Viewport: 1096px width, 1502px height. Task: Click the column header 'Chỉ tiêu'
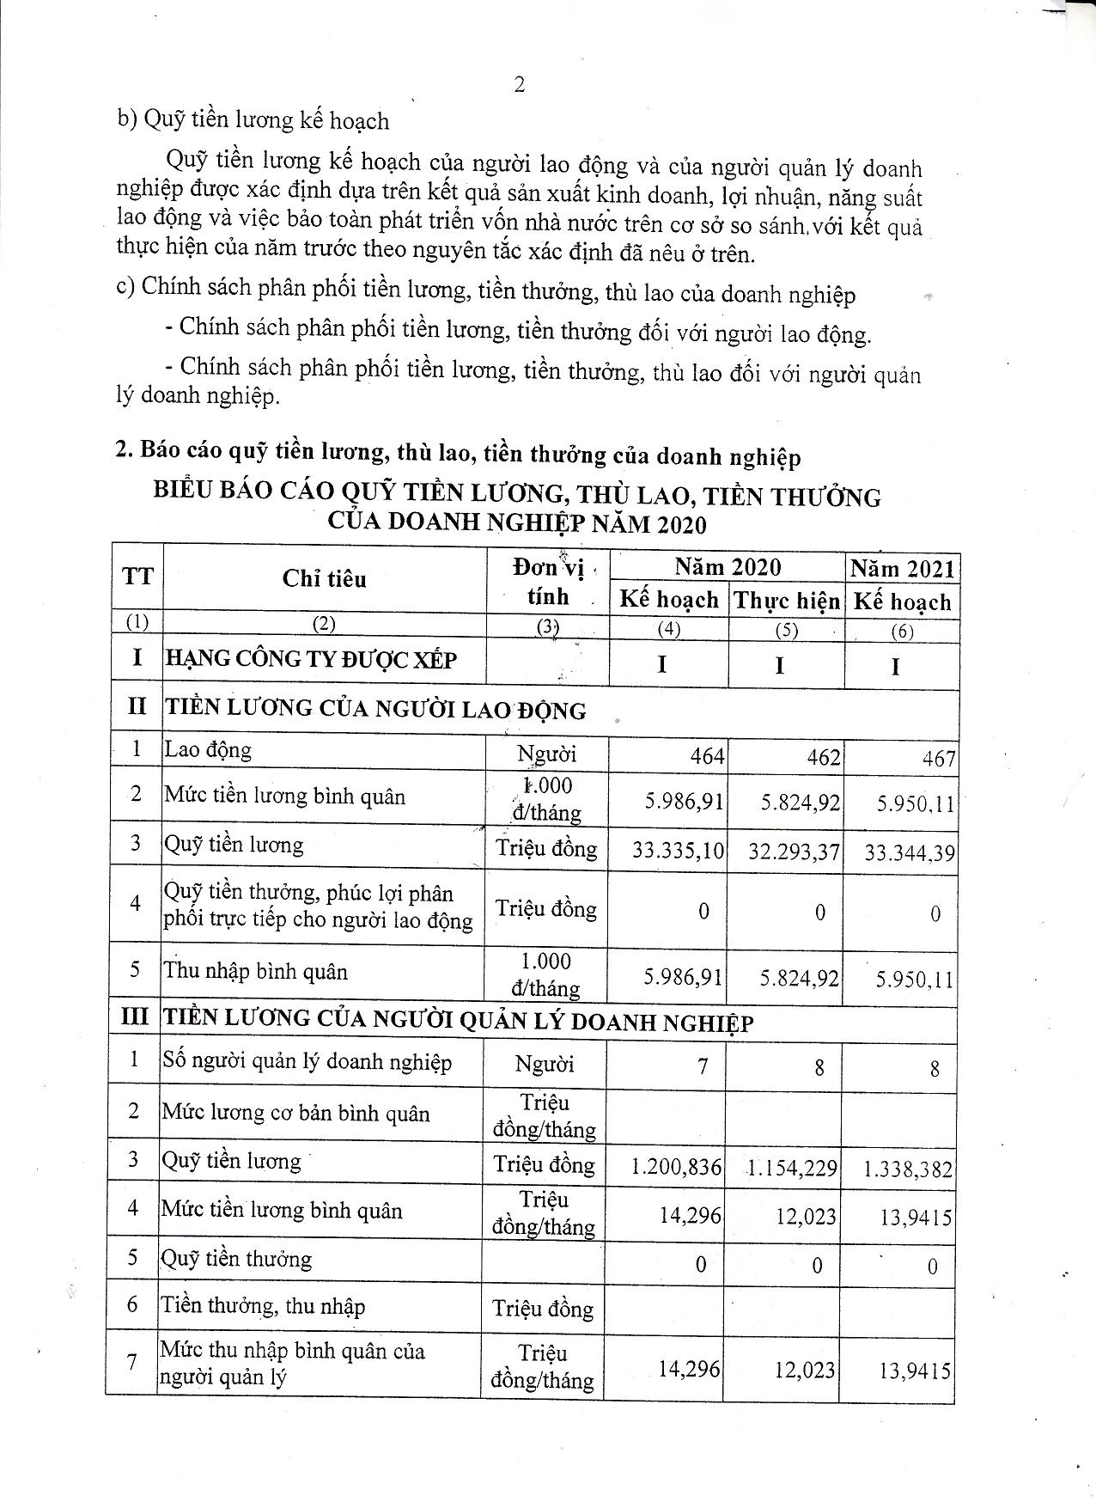[324, 578]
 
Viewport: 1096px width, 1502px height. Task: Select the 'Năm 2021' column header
[902, 569]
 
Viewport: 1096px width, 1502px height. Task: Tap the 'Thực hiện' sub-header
[786, 601]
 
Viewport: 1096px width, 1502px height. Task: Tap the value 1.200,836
[676, 1166]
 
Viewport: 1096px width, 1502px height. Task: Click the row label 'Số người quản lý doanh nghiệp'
[307, 1062]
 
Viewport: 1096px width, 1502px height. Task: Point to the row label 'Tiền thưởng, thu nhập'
[263, 1306]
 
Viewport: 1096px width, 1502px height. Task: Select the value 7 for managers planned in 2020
[703, 1066]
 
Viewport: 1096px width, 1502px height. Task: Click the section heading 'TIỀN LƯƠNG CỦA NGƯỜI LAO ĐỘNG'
[375, 709]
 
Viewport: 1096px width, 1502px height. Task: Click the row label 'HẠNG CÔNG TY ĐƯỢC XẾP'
[311, 660]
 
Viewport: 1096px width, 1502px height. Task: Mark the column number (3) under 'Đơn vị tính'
[547, 626]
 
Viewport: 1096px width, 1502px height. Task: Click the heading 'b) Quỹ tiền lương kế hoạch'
[253, 120]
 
